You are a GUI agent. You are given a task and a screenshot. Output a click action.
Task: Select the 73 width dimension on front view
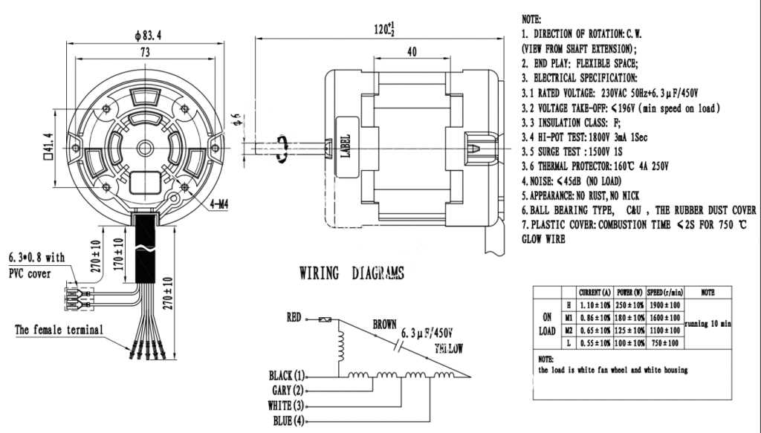145,53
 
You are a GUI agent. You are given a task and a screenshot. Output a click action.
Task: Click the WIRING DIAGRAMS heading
352,273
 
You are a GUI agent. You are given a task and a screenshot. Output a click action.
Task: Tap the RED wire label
294,318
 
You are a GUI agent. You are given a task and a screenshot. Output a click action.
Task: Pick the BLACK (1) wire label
287,375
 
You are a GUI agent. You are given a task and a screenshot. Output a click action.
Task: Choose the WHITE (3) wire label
286,406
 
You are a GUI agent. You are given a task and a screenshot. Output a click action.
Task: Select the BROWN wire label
384,325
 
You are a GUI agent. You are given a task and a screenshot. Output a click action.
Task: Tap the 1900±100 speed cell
664,305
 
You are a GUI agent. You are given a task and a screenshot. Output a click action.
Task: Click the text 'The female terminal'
59,330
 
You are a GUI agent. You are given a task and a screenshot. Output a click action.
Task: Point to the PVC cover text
30,273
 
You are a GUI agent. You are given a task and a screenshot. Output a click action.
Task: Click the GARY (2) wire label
288,391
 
